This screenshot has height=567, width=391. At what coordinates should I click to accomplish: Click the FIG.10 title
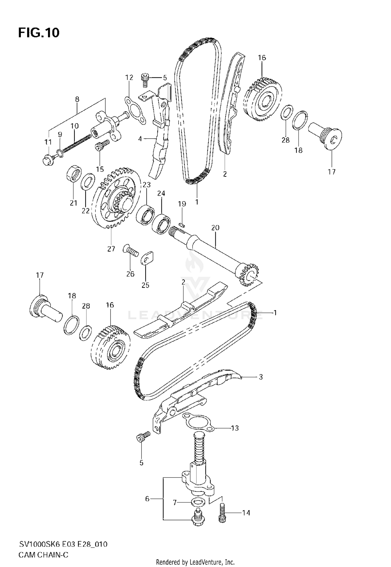click(x=39, y=33)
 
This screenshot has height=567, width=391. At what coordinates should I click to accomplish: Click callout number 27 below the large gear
click(x=111, y=249)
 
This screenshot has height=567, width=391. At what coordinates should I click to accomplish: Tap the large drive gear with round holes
click(x=116, y=198)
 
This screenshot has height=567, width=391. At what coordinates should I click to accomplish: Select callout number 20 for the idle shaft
click(x=215, y=228)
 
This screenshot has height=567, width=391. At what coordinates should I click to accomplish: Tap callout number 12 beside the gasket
click(x=129, y=77)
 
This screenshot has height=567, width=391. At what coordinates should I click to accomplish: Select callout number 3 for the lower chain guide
click(x=261, y=377)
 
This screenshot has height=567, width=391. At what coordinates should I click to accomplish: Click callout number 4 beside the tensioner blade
click(x=140, y=139)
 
